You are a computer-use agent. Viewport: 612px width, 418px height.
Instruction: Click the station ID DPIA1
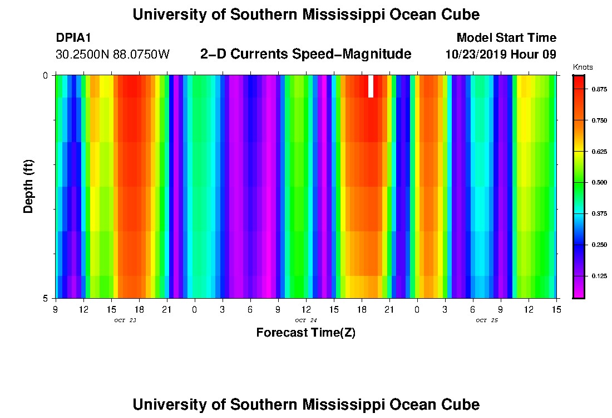(73, 38)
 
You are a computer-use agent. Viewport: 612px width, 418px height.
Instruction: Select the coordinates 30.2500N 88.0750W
(112, 55)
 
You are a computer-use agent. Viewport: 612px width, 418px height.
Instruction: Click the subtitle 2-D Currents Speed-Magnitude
(305, 54)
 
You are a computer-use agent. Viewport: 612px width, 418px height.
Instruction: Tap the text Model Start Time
(506, 38)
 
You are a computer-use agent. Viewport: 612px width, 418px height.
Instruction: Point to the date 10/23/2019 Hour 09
(501, 55)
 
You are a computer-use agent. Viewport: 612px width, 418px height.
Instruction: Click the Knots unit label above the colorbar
(583, 67)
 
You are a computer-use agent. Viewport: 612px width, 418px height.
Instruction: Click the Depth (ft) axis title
(29, 187)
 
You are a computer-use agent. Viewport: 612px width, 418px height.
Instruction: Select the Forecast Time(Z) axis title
(305, 333)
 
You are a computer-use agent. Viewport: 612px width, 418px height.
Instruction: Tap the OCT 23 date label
(125, 320)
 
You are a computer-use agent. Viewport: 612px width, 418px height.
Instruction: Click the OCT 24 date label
(306, 320)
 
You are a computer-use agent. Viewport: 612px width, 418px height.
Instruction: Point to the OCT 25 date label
(487, 320)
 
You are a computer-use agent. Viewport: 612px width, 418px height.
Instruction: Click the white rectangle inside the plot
(371, 86)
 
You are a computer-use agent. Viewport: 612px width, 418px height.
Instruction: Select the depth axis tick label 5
(46, 298)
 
